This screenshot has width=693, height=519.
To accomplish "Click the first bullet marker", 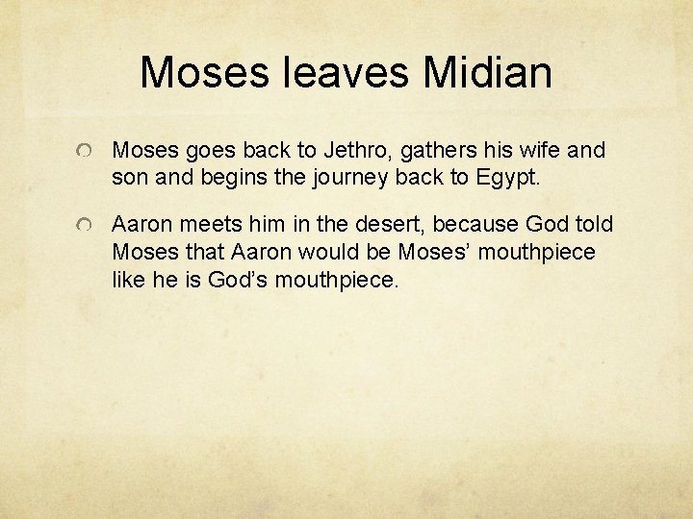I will pyautogui.click(x=87, y=152).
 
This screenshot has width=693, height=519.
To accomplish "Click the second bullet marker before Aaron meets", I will pyautogui.click(x=87, y=226).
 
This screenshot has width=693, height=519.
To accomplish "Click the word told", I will pyautogui.click(x=595, y=225).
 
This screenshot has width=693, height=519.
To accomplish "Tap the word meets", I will pyautogui.click(x=212, y=225).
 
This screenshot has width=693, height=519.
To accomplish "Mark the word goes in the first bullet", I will pyautogui.click(x=197, y=151).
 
